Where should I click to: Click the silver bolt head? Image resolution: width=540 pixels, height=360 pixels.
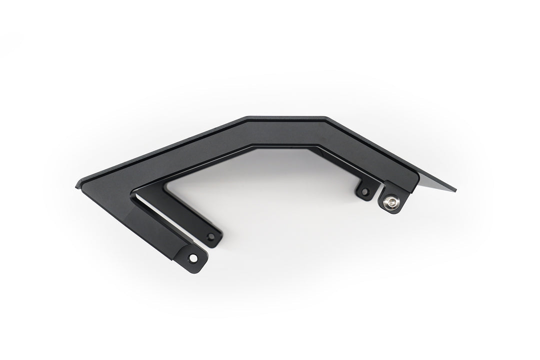[390, 202]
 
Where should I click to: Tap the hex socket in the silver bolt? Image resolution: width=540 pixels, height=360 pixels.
[390, 202]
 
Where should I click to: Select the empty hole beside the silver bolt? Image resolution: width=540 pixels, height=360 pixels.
[364, 191]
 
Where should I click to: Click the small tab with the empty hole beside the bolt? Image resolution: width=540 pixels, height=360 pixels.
[364, 190]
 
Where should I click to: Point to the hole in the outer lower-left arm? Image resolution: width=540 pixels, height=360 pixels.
[192, 258]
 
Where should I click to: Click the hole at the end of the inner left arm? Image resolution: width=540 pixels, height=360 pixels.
[210, 236]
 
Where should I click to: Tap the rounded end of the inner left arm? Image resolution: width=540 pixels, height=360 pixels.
[212, 239]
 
